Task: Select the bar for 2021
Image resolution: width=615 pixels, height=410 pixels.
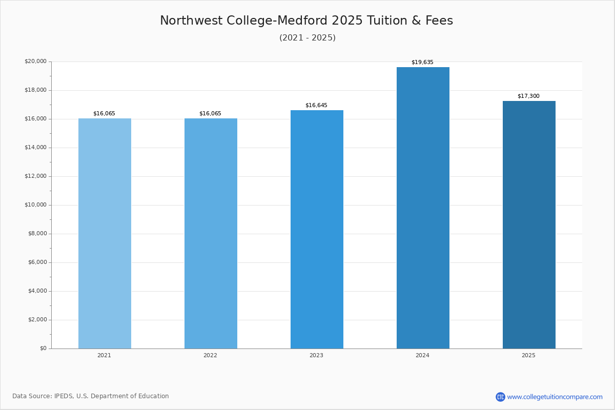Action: pyautogui.click(x=105, y=233)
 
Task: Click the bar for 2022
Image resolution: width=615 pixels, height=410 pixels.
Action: pyautogui.click(x=211, y=233)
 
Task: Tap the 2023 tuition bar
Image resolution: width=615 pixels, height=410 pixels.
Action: pyautogui.click(x=317, y=229)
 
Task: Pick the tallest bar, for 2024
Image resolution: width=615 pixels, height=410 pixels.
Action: pyautogui.click(x=423, y=208)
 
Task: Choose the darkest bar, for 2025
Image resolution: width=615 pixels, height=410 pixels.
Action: pyautogui.click(x=529, y=224)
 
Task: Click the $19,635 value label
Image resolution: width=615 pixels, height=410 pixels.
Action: pyautogui.click(x=422, y=63)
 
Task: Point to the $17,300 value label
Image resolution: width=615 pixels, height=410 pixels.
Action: pyautogui.click(x=528, y=96)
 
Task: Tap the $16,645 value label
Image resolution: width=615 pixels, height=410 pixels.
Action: pyautogui.click(x=316, y=106)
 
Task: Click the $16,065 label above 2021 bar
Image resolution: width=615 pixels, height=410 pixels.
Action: pyautogui.click(x=104, y=114)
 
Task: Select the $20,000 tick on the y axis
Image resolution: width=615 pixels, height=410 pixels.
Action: pyautogui.click(x=36, y=61)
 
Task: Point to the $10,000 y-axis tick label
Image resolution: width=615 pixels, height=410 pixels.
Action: pyautogui.click(x=36, y=204)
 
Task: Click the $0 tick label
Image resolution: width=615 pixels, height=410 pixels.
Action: pyautogui.click(x=44, y=348)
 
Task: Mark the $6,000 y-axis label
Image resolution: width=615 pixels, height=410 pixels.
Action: pyautogui.click(x=37, y=262)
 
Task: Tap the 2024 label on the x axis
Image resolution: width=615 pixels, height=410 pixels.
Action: pyautogui.click(x=422, y=355)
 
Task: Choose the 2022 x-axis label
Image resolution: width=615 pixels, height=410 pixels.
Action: pyautogui.click(x=210, y=355)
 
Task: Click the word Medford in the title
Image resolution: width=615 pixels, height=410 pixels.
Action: pyautogui.click(x=302, y=20)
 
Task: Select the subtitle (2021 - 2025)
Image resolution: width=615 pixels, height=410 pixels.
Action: pyautogui.click(x=307, y=37)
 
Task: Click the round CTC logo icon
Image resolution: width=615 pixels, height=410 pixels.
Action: pyautogui.click(x=500, y=397)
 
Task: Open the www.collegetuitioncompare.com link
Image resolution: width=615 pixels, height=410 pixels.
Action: pyautogui.click(x=555, y=397)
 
